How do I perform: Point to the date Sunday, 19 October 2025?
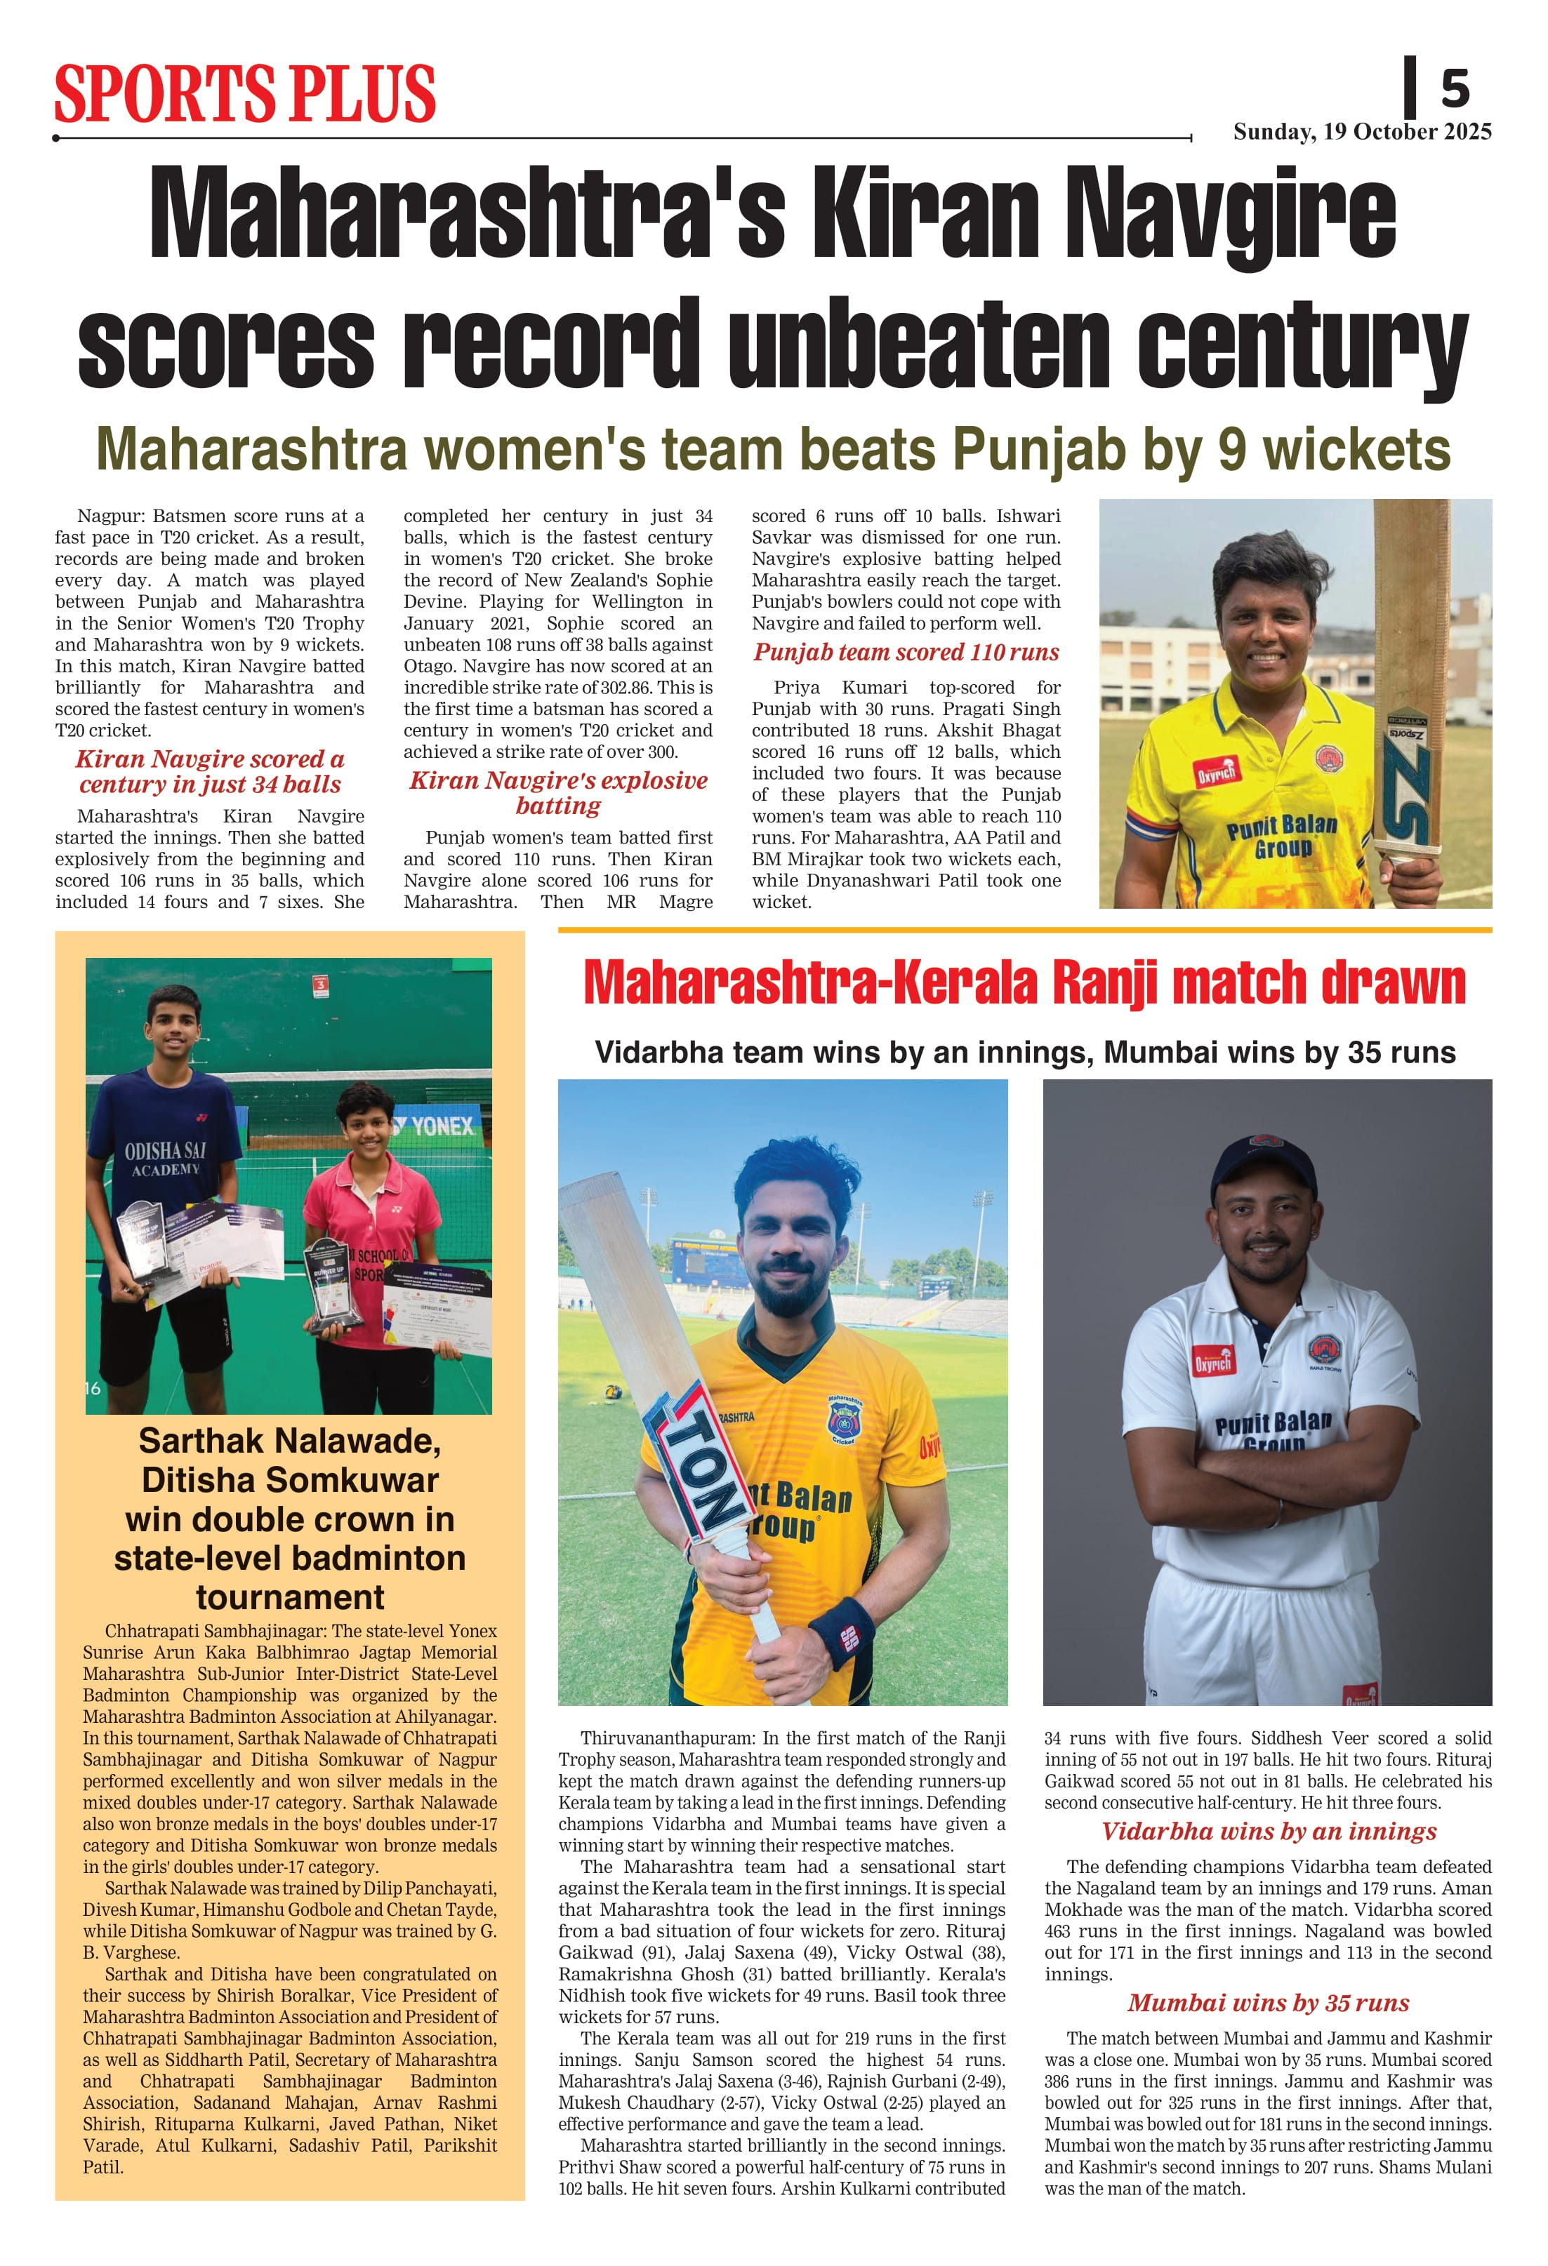coord(1362,132)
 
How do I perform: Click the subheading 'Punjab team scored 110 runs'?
coord(906,653)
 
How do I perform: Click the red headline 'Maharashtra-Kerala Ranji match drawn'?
coord(1024,983)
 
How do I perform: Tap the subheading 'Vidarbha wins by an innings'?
coord(1268,1830)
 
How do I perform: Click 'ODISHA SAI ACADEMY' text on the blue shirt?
coord(165,1159)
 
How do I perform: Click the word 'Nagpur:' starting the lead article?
coord(111,516)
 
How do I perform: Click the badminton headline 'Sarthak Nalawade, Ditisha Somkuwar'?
coord(290,1460)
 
